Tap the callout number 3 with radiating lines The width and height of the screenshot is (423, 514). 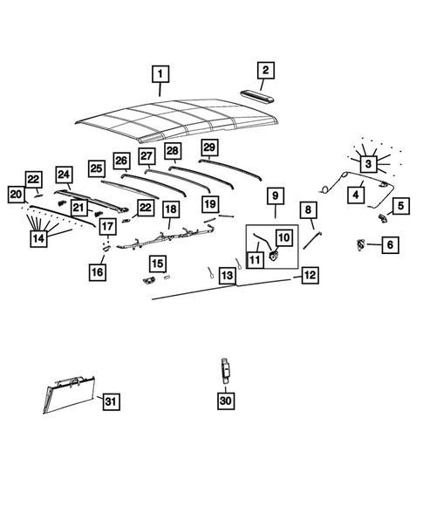369,163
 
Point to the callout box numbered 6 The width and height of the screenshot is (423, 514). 390,246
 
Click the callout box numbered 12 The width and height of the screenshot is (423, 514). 310,274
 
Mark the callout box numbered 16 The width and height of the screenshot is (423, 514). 98,273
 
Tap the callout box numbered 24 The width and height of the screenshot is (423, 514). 64,174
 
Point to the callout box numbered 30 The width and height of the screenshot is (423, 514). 226,401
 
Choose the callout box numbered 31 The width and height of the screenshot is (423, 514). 110,401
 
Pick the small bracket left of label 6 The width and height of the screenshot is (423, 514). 359,244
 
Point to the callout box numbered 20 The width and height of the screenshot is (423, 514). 16,194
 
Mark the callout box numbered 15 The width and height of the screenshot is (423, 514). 157,263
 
